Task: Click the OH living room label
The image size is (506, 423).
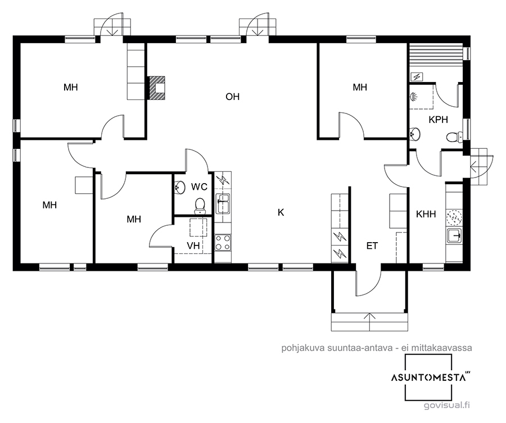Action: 232,97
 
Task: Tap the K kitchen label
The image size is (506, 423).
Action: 281,212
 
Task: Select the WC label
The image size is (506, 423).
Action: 199,187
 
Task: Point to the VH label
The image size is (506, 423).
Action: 193,246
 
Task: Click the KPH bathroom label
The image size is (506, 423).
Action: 438,120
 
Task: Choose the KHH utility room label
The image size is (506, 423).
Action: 426,214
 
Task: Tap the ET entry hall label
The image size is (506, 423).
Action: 372,246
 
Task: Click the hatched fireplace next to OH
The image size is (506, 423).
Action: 157,88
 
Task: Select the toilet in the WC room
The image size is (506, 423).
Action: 200,206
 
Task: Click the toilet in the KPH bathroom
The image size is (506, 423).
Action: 454,137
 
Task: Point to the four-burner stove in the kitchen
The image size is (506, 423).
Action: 223,243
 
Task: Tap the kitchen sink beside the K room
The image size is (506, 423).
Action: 223,203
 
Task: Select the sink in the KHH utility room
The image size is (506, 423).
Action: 454,236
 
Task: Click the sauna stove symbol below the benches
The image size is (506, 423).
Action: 417,77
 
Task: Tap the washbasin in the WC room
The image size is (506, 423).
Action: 179,187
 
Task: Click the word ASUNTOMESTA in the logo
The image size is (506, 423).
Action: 428,377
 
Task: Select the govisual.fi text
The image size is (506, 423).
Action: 446,405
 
